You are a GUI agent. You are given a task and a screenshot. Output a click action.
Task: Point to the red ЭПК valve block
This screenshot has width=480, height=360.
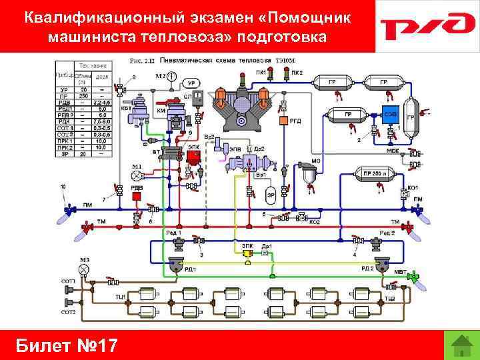coord(193,156)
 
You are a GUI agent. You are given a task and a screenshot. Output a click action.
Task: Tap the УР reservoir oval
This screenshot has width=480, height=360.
coord(191,83)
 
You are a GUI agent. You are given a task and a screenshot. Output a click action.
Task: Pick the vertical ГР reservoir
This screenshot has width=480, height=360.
coord(411,118)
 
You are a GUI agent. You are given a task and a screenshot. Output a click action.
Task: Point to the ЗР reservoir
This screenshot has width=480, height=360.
coord(271,195)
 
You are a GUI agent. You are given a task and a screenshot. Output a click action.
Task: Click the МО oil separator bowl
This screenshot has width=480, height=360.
coord(308,176)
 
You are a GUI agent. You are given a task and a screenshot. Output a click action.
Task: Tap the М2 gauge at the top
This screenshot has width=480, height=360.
coord(172,77)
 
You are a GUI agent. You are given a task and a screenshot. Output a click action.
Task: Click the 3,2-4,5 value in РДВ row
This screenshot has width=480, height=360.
coord(101,103)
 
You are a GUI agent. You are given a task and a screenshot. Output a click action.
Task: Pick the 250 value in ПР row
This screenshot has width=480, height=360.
coord(84,97)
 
